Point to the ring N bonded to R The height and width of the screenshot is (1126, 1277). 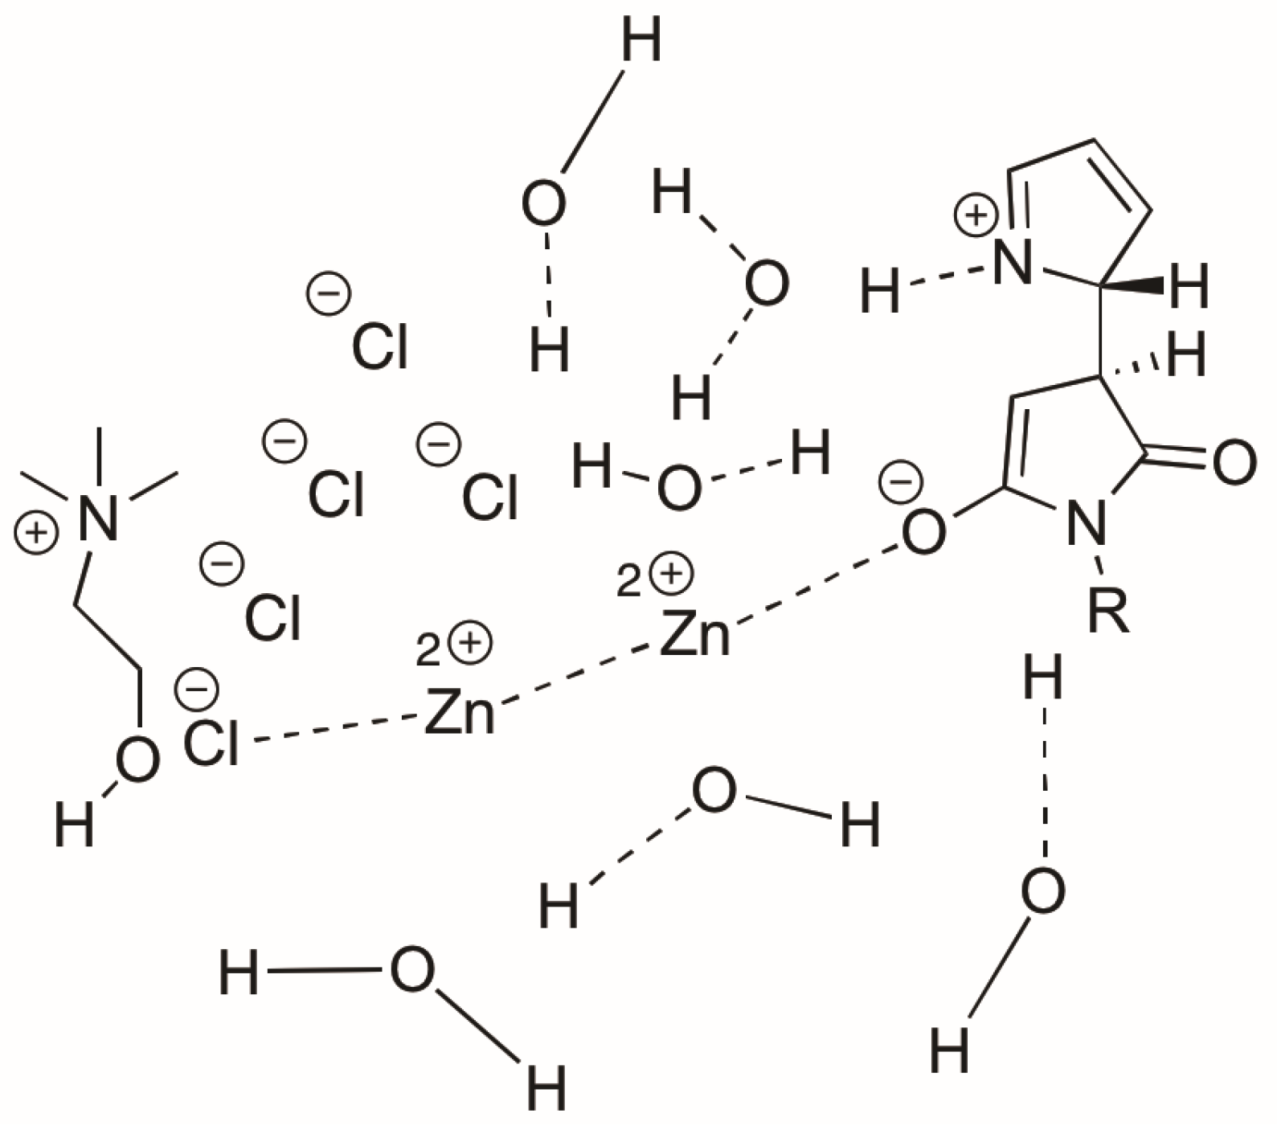click(x=1084, y=525)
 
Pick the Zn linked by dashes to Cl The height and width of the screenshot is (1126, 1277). click(x=460, y=712)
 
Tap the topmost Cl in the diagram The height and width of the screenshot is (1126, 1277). click(x=380, y=346)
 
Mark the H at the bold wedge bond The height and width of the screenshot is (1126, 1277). click(x=1189, y=287)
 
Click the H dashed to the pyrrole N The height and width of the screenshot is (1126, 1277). click(x=880, y=291)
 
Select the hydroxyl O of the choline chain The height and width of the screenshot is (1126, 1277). click(x=136, y=760)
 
